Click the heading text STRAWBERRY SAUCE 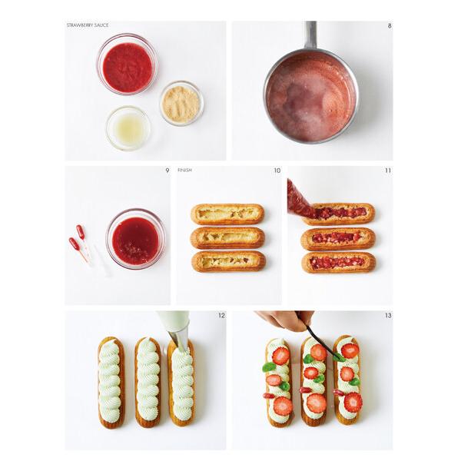click(88, 25)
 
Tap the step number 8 click(389, 25)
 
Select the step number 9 click(167, 170)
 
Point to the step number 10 click(277, 170)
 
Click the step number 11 click(388, 170)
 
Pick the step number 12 click(221, 315)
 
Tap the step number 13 click(388, 315)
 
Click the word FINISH click(184, 170)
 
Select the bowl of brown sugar click(181, 102)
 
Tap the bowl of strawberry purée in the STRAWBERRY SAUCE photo click(127, 64)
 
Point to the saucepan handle click(310, 35)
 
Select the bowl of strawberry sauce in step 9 click(136, 239)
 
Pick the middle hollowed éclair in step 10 click(227, 237)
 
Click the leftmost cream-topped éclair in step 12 click(111, 381)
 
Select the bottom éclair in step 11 click(338, 262)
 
